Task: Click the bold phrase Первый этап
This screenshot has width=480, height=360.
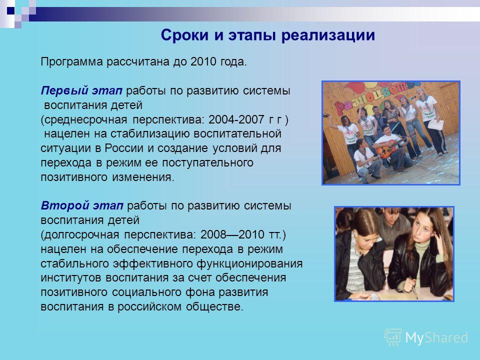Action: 81,90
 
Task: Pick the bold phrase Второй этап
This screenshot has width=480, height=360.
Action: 82,205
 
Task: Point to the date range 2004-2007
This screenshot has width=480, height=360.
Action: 236,119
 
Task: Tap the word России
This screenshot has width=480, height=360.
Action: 124,148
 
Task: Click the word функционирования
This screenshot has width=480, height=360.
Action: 249,263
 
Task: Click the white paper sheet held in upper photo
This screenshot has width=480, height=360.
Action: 435,124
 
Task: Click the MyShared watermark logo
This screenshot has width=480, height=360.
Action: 426,337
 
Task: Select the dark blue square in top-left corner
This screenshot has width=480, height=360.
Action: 10,10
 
